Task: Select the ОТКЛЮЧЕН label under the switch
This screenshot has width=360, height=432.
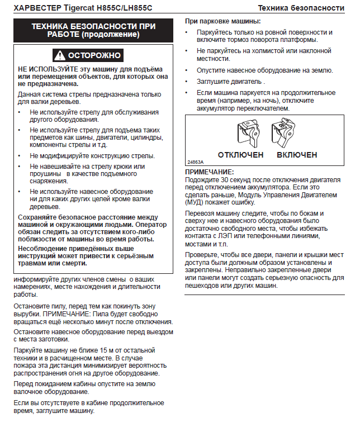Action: click(x=240, y=154)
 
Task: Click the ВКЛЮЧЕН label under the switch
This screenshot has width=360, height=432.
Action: click(x=297, y=154)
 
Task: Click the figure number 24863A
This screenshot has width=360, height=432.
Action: click(x=196, y=162)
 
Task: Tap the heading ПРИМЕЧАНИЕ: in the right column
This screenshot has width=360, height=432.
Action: click(x=210, y=172)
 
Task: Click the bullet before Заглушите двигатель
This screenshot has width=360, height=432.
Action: click(x=188, y=81)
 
